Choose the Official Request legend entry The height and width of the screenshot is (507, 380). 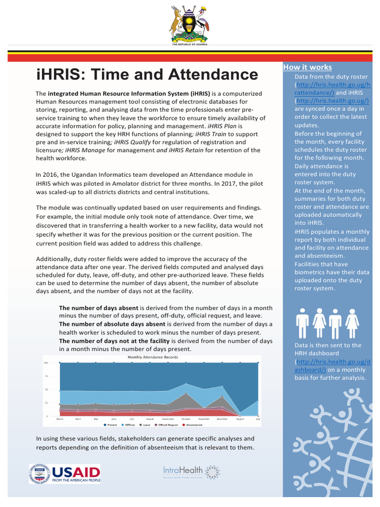click(169, 425)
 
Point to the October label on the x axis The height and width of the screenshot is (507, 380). click(186, 419)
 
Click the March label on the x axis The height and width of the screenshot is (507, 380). click(59, 419)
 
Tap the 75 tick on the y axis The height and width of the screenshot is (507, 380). click(46, 376)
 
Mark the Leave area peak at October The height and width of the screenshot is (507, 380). click(186, 393)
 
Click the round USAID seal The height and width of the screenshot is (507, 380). click(39, 474)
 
